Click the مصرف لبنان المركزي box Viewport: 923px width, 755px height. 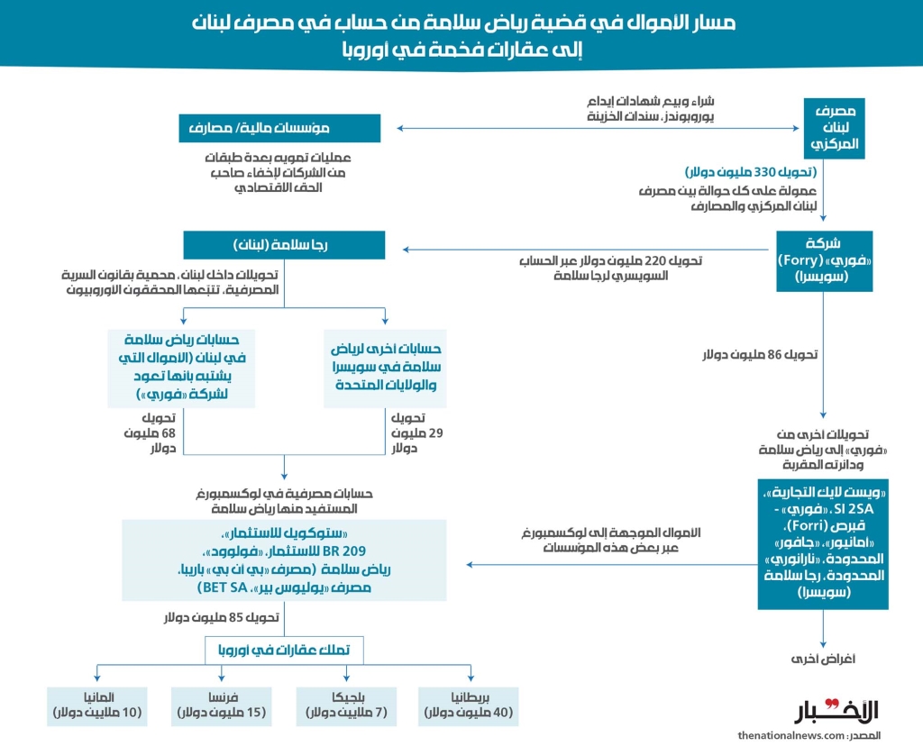click(x=834, y=129)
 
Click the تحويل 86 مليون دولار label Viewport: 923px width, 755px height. click(x=760, y=355)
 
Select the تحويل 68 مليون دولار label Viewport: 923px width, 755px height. click(x=151, y=433)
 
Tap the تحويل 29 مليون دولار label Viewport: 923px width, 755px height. click(x=407, y=433)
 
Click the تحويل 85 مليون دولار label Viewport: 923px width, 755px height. click(x=222, y=618)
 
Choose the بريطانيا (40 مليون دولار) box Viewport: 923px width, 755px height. click(x=466, y=705)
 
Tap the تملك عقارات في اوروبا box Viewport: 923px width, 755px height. click(x=285, y=650)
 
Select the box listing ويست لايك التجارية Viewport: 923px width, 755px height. click(x=823, y=543)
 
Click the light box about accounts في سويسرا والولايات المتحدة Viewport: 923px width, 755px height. click(x=386, y=367)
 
